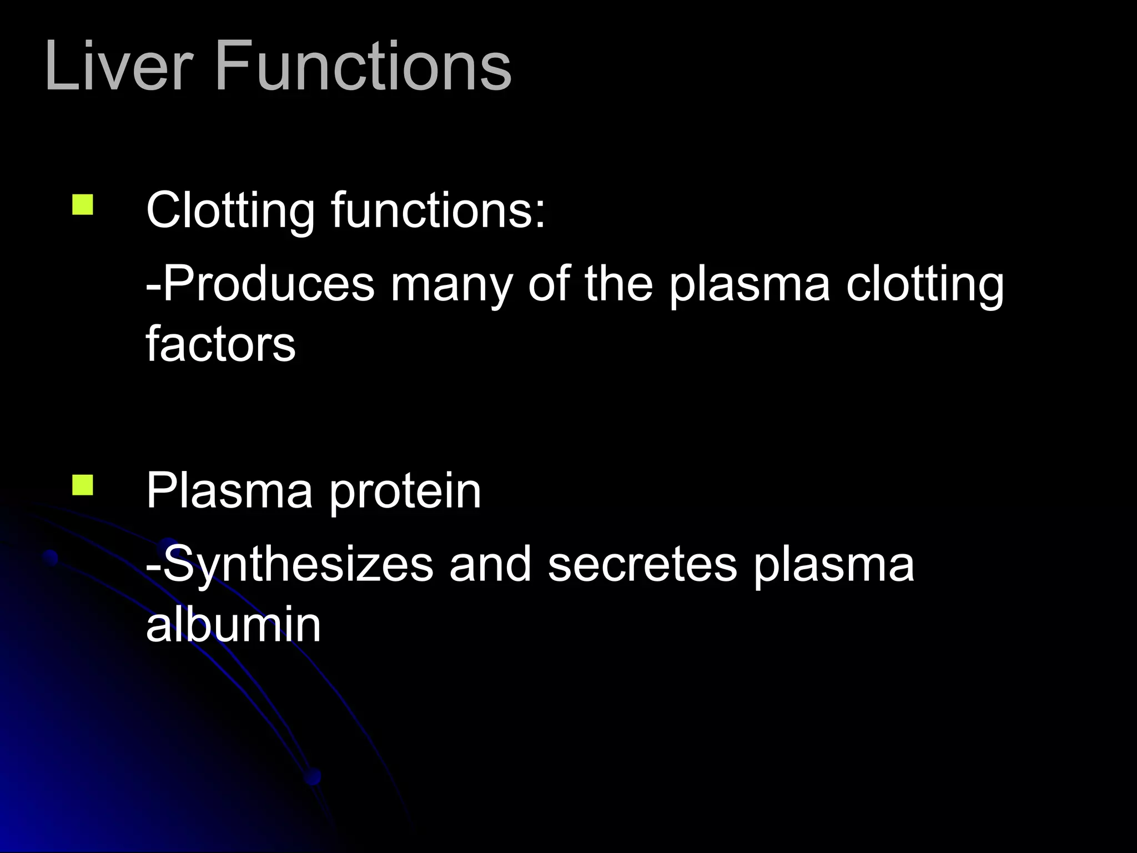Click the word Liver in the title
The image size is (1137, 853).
119,67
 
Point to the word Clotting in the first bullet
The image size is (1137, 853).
230,211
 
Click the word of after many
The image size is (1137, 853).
549,284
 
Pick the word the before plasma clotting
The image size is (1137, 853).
619,284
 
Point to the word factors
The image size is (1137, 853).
221,344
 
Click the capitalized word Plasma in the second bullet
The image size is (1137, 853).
230,491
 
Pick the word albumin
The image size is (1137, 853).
234,625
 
